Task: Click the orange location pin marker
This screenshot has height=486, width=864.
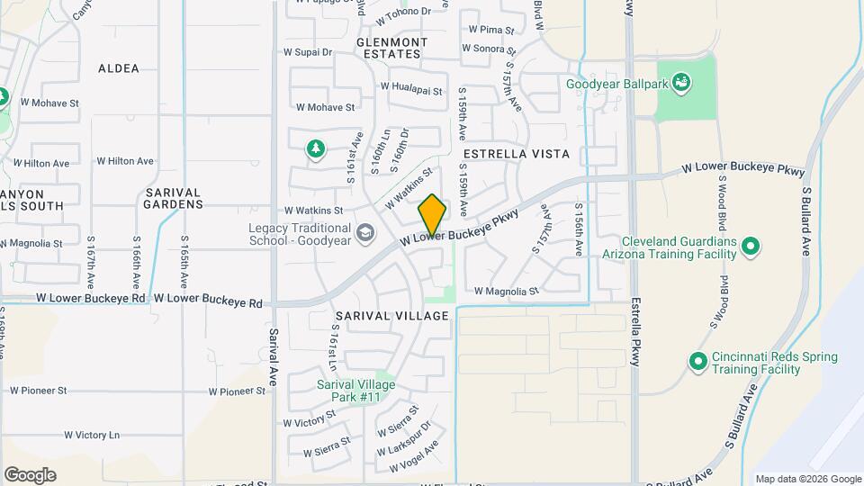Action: coord(432,214)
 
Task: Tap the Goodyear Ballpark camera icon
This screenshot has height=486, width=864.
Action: coord(682,84)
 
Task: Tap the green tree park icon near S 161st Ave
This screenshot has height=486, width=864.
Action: coord(315,148)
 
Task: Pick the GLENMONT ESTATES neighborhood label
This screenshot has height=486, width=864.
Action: coord(391,48)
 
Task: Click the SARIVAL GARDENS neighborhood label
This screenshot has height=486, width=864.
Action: coord(174,198)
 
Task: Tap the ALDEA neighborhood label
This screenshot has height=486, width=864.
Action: coord(119,68)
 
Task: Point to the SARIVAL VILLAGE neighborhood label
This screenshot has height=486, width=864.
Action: coord(391,316)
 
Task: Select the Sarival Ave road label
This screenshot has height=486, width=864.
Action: coord(272,356)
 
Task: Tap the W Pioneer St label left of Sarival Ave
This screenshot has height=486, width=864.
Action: coord(238,391)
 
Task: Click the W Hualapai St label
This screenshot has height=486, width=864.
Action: coord(411,90)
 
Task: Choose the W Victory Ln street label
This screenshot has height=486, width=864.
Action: coord(92,435)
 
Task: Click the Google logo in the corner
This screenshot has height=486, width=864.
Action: coord(30,475)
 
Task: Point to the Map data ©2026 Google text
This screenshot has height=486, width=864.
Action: coord(807,479)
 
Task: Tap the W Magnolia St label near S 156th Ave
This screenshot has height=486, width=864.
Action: coord(506,291)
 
